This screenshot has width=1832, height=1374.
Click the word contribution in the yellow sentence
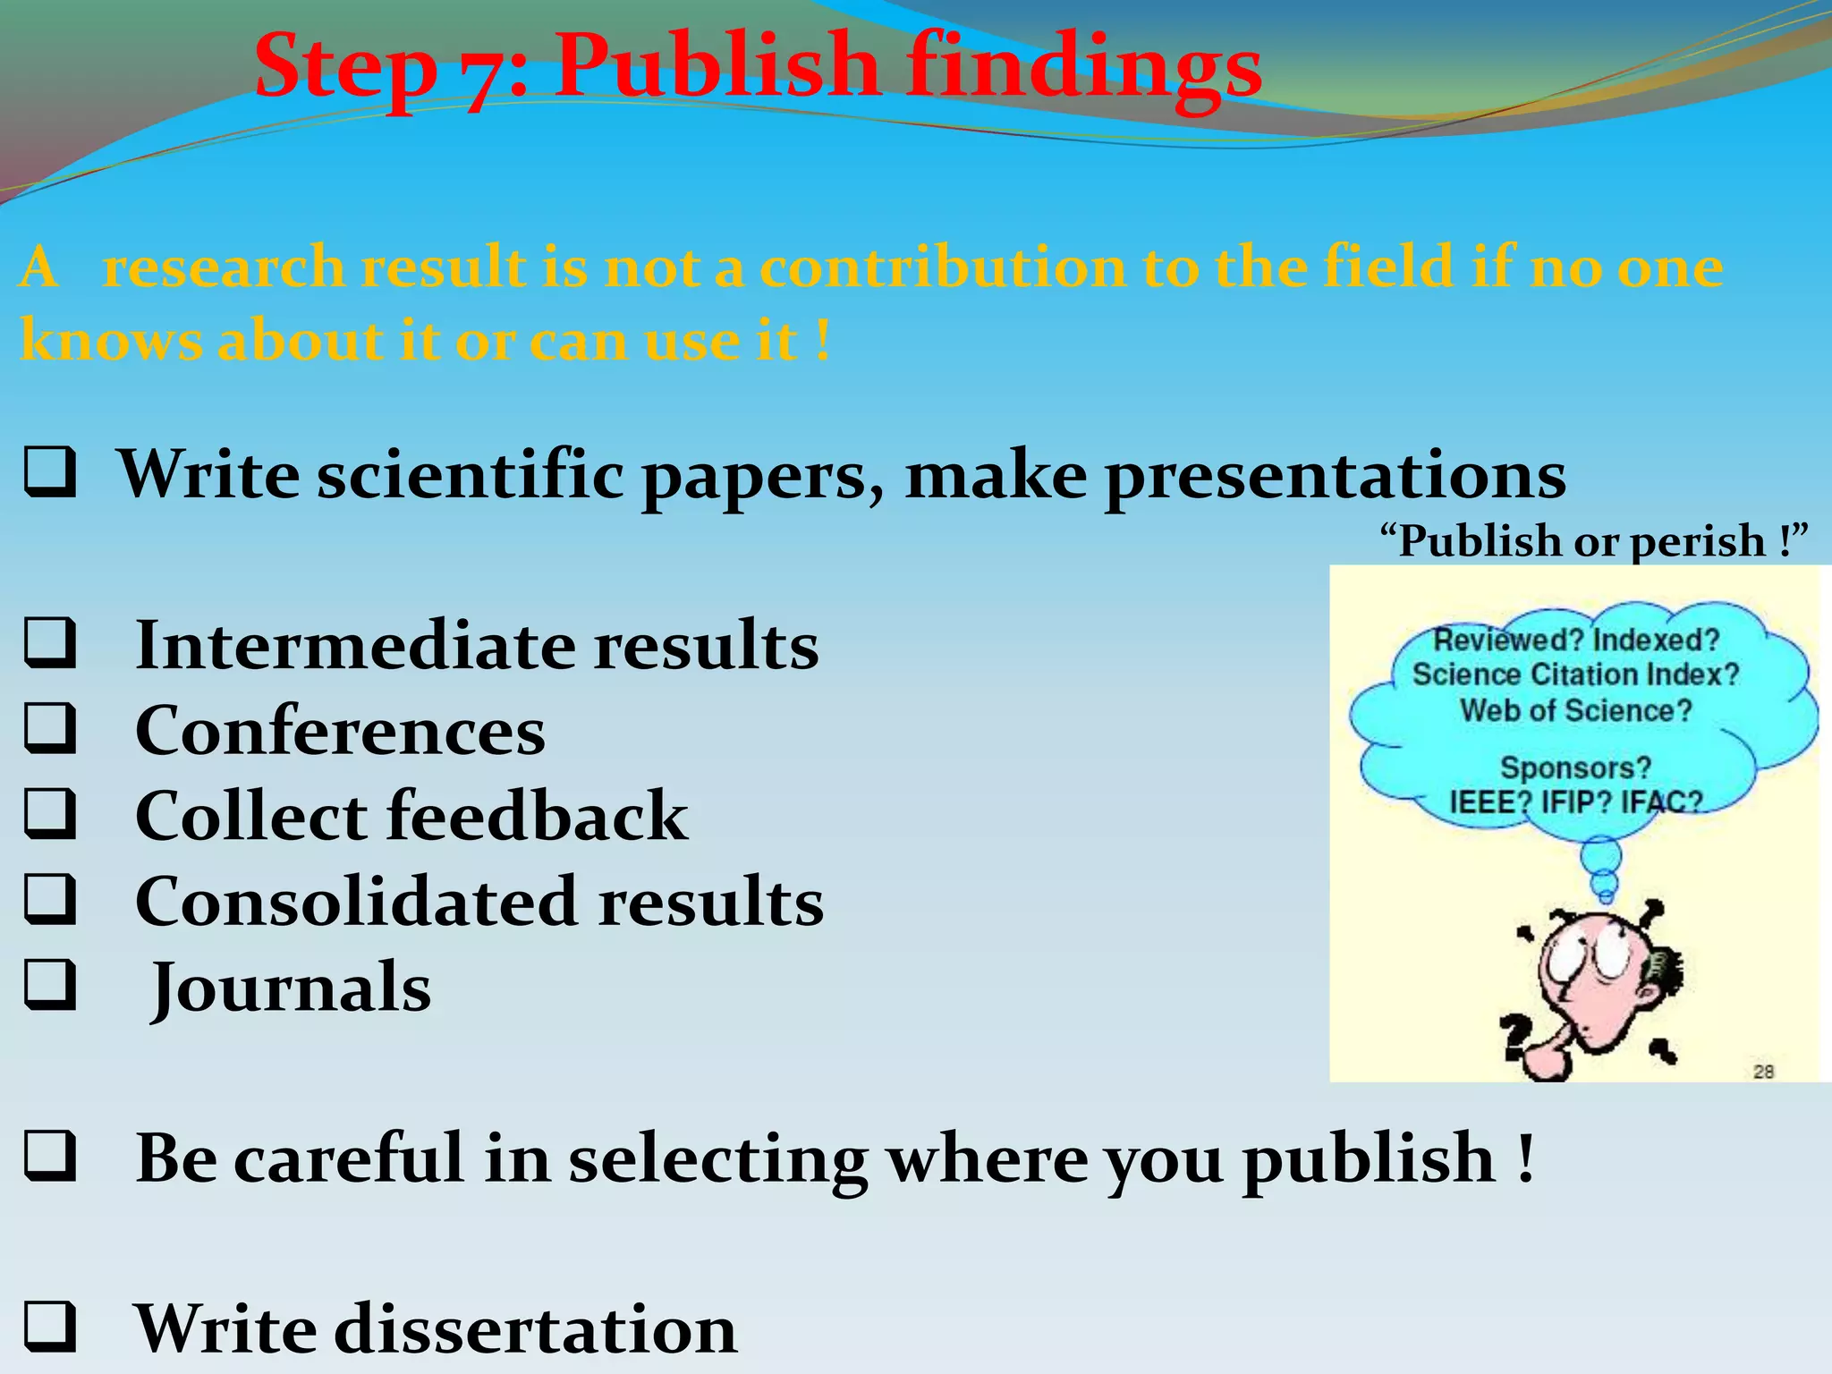coord(943,268)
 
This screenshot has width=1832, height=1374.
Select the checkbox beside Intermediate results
coord(49,643)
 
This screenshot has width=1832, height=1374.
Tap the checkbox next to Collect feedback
coord(49,813)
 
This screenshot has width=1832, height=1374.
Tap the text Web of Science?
coord(1575,711)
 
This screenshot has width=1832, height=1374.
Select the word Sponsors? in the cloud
coord(1575,768)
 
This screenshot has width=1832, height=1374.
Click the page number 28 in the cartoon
coord(1763,1071)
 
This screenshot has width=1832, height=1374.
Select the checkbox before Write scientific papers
coord(49,473)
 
